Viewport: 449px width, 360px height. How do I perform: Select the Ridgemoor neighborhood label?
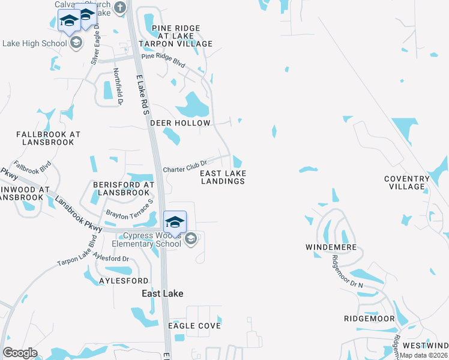(x=369, y=319)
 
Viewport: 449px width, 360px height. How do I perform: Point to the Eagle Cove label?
(x=194, y=326)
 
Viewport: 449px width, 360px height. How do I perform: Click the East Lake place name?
(x=162, y=293)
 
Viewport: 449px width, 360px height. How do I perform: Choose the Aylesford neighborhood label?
(x=123, y=281)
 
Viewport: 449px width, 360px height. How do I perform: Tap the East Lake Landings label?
(x=223, y=177)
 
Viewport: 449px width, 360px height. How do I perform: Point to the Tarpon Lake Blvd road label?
(x=77, y=254)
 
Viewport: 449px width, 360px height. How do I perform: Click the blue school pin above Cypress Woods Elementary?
(x=175, y=222)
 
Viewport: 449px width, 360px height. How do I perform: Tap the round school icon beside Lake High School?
(x=76, y=43)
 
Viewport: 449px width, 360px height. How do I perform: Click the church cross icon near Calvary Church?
(x=120, y=8)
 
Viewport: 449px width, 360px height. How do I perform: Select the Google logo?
(x=20, y=353)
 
